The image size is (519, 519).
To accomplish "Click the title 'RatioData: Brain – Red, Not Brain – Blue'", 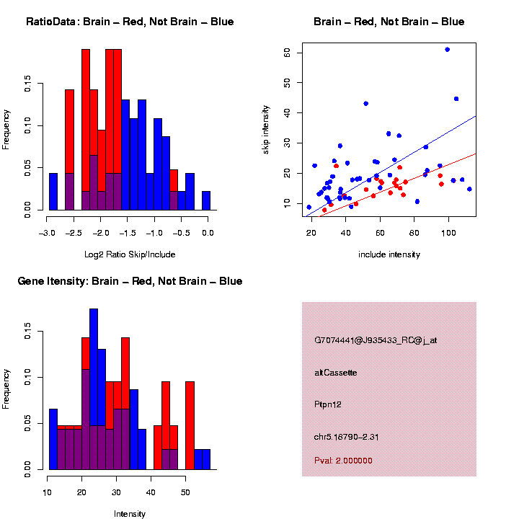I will pos(130,22).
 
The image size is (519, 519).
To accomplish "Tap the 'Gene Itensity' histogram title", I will pos(130,281).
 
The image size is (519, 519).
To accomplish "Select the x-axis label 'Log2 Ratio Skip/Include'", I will pos(128,254).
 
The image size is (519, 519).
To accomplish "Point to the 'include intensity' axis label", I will pos(389,254).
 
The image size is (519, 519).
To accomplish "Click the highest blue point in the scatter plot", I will pos(448,49).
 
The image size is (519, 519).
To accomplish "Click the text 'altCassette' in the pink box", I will pos(336,373).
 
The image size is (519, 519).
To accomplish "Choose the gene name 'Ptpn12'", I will pos(328,404).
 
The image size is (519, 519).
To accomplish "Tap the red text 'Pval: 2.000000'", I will pos(343,461).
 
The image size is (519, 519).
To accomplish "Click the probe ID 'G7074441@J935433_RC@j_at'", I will pos(375,340).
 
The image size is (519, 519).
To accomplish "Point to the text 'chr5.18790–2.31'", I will pos(347,436).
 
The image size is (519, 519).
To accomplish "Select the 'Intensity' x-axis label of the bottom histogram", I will pos(130,514).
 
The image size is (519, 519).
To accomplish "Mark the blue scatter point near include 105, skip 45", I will pos(456,99).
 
